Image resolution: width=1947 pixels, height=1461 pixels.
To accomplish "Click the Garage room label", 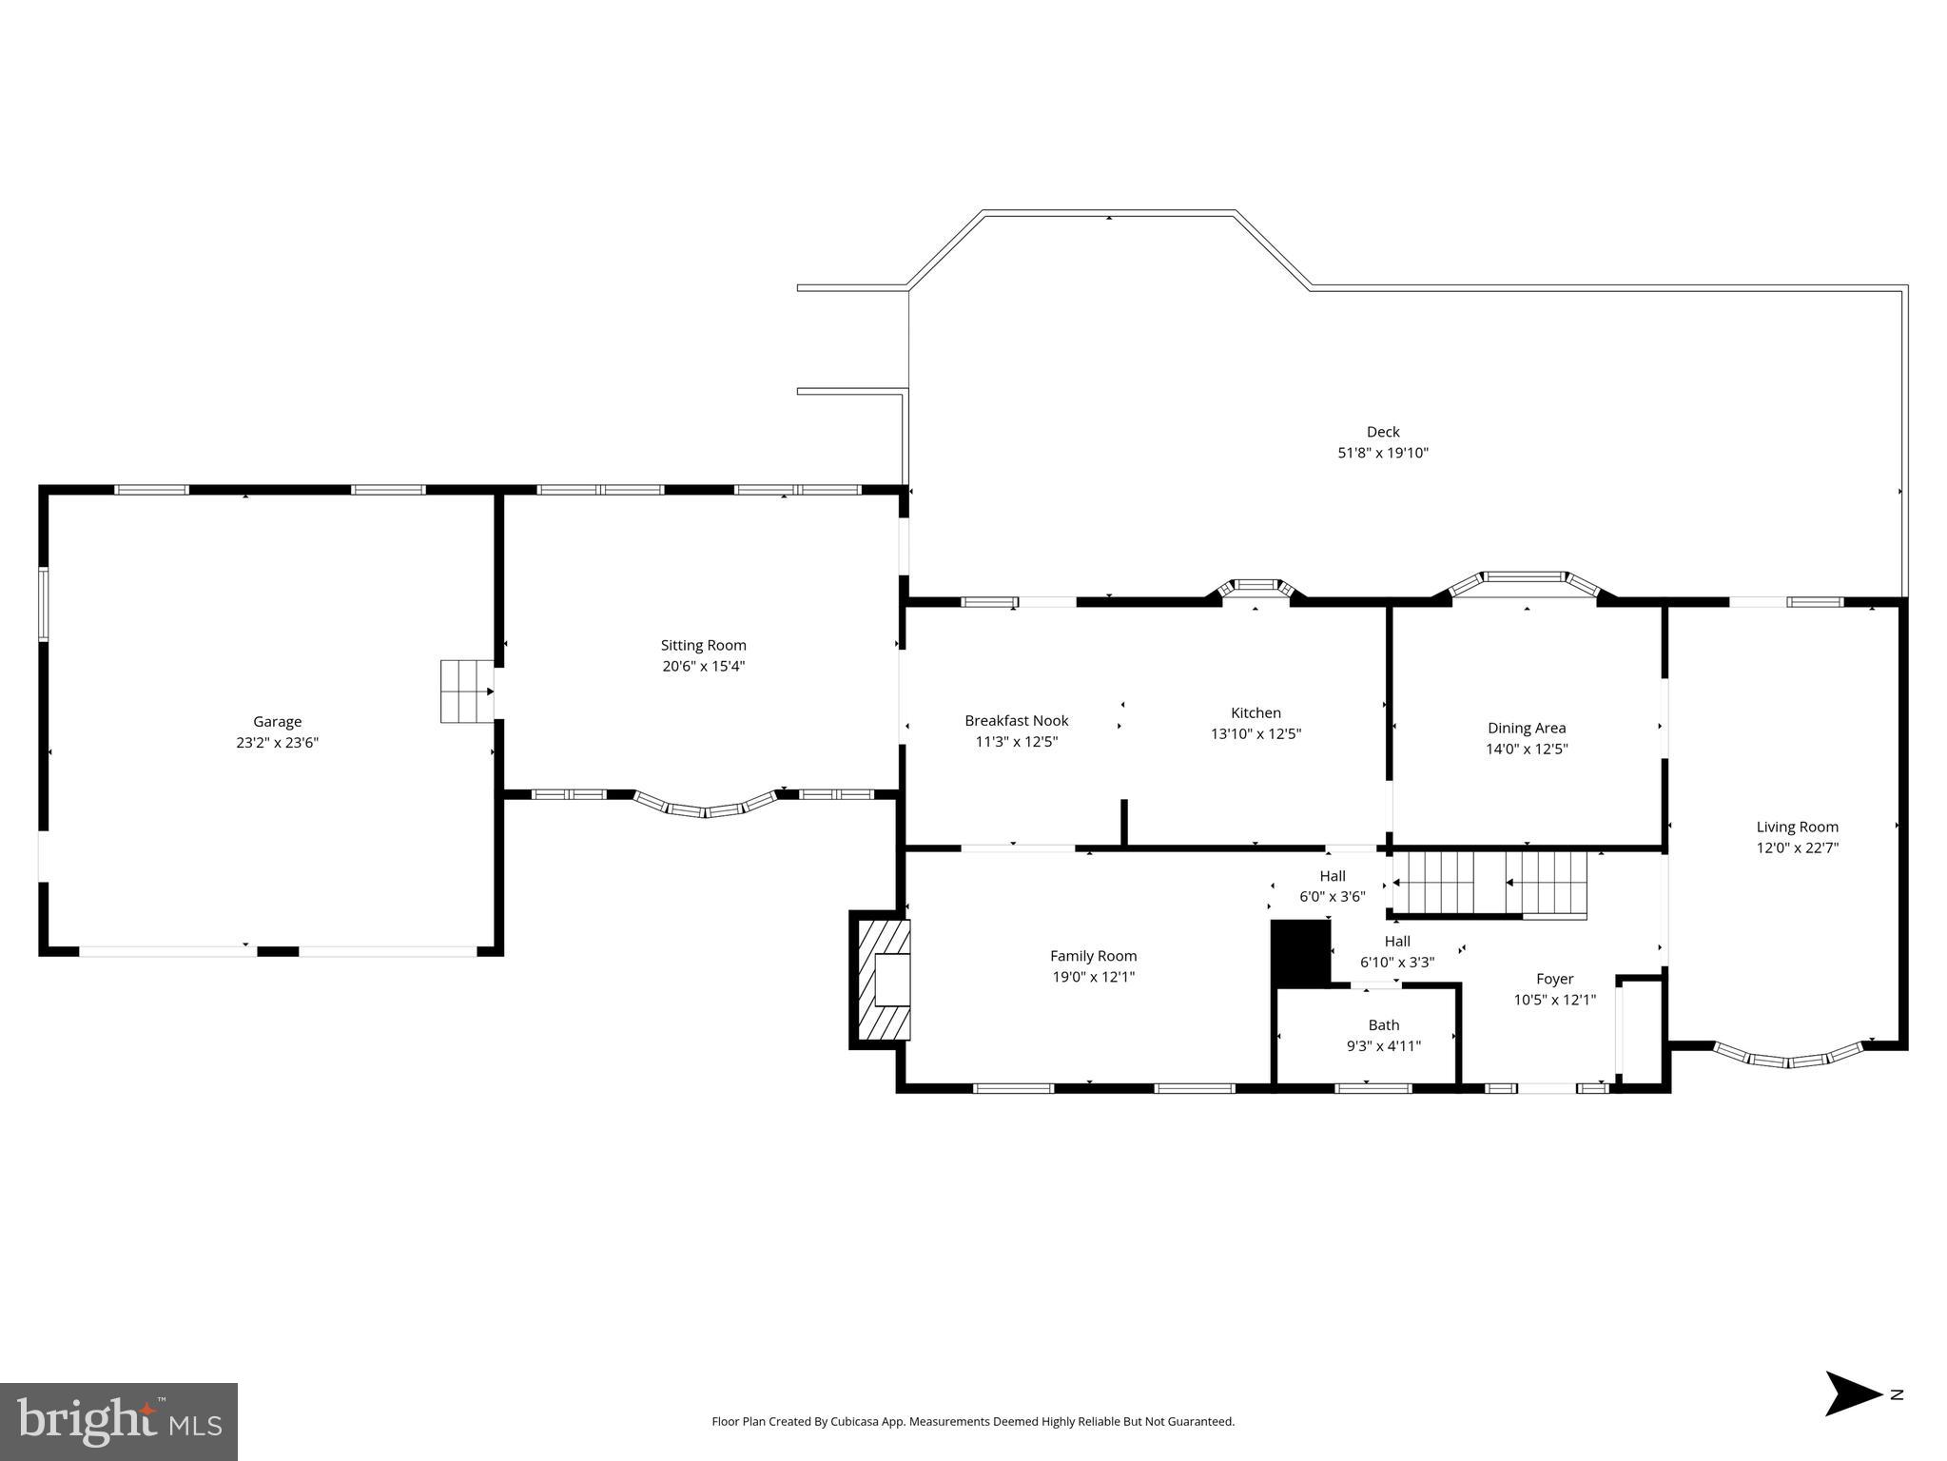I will [277, 722].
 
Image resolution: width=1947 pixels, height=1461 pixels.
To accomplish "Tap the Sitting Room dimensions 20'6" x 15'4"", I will [703, 667].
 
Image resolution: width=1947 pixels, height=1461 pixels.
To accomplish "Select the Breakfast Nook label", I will [1016, 721].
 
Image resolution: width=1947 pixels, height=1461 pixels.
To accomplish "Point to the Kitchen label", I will [1256, 713].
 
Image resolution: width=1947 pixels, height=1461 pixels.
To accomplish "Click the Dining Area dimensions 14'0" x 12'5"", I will [1526, 750].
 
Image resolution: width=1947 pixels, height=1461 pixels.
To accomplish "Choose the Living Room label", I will [1797, 828].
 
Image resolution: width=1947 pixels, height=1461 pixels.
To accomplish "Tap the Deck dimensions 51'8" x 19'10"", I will [1382, 454].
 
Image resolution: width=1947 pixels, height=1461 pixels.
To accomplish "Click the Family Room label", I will [1093, 956].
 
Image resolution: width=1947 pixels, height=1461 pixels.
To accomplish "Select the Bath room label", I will [1383, 1025].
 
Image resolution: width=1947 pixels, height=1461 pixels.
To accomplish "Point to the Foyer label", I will [1554, 979].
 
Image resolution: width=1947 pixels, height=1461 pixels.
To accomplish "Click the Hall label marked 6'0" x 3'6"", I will [1332, 876].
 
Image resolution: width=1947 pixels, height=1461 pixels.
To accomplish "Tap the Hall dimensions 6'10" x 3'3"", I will [1396, 963].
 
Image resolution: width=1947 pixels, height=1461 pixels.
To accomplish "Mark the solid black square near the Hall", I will [1300, 952].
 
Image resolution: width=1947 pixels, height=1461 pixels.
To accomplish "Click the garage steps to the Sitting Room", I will [466, 692].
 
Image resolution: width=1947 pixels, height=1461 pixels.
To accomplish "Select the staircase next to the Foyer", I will [1489, 884].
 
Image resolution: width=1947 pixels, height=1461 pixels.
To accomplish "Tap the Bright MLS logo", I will [119, 1421].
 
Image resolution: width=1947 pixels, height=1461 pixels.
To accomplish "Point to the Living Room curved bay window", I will [1787, 1059].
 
